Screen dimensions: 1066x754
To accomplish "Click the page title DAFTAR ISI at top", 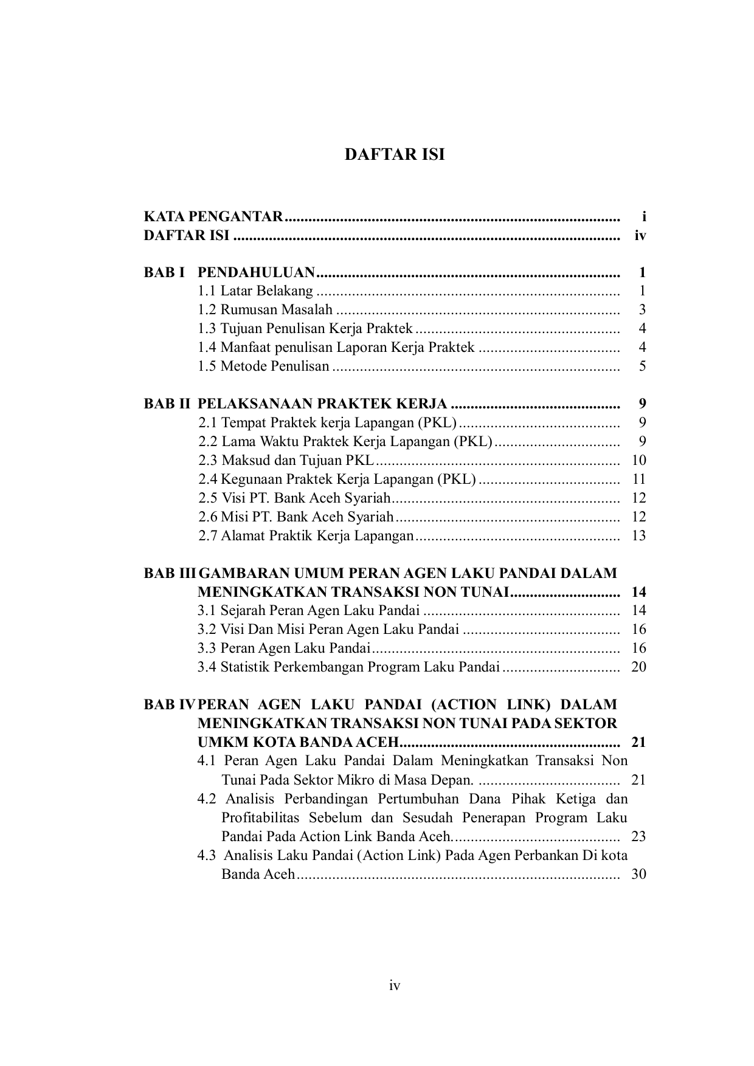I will coord(395,154).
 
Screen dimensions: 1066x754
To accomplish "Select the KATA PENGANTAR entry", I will coord(213,217).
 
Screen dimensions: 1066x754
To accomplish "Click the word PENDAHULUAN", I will coord(256,272).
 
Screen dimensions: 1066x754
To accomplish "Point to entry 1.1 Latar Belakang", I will coord(255,291).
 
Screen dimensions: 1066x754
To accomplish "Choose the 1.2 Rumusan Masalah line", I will coord(265,310).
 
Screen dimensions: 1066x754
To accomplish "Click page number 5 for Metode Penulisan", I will coord(642,366).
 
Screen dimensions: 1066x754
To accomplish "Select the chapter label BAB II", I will coord(167,404).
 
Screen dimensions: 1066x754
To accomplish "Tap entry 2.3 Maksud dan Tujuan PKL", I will coord(286,461).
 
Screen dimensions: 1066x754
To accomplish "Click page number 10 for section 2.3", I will coord(638,461).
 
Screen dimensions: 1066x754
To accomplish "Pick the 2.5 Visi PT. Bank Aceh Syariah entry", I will coord(294,498).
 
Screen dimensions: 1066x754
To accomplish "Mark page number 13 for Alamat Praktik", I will coord(638,536).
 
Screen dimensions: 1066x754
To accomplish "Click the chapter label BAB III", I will coord(170,573).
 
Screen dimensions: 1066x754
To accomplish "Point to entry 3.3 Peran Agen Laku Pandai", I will coord(284,648).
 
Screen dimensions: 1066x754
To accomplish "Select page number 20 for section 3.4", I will coord(638,667).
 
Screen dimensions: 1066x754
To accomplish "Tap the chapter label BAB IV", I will coord(169,705).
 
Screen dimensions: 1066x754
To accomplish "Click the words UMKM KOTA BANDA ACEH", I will coord(298,743).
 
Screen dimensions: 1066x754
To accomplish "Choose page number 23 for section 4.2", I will coord(638,837).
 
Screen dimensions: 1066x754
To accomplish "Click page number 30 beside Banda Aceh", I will coord(638,875).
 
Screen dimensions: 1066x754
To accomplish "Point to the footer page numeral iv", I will coord(395,986).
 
